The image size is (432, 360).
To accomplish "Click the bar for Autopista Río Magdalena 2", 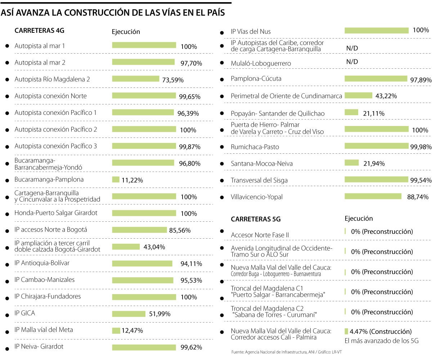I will [x=135, y=79].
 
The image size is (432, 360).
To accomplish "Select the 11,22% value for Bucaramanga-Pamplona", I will [x=132, y=180].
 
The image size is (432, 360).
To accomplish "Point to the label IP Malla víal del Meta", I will [x=44, y=330].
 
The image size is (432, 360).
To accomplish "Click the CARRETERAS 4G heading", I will [x=39, y=31].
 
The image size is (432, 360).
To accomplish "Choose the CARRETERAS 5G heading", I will [x=256, y=219].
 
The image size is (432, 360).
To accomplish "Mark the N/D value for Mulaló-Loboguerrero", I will [x=352, y=62].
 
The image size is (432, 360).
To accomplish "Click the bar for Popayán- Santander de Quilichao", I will [x=351, y=113].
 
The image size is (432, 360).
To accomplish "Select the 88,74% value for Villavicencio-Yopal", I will [x=417, y=197].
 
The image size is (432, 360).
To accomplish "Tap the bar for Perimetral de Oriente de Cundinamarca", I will [x=358, y=95].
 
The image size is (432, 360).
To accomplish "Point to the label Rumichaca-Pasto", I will [x=255, y=147].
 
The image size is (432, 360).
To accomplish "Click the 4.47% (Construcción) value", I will [x=381, y=331].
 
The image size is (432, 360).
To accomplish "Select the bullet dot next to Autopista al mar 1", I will [x=6, y=46].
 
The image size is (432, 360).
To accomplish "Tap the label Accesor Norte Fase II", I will [x=260, y=235].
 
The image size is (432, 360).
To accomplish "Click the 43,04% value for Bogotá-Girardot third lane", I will [x=154, y=247].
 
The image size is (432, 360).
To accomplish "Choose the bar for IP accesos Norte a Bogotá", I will [x=139, y=230].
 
